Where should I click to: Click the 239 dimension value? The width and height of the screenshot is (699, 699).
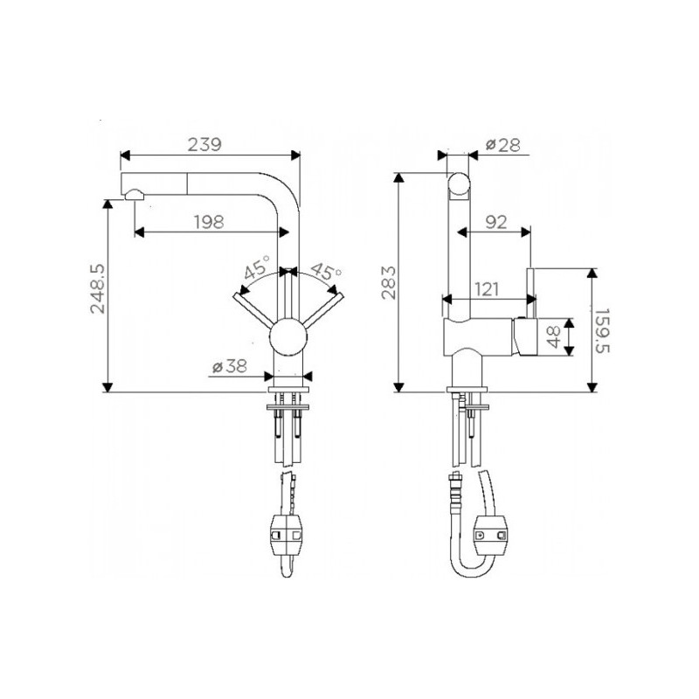coord(204,144)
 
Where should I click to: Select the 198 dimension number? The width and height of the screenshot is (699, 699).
coord(209,222)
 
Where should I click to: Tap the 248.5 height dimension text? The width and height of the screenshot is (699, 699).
coord(98,288)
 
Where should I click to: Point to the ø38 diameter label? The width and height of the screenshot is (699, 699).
coord(230,366)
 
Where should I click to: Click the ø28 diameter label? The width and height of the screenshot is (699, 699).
coord(503,145)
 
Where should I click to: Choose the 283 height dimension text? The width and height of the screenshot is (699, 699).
coord(388,282)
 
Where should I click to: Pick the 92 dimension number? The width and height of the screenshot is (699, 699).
coord(496,222)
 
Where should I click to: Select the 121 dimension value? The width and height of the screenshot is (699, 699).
coord(487,289)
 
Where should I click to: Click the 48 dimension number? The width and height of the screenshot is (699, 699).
coord(553,337)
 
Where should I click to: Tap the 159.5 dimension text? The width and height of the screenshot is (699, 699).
coord(602,330)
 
